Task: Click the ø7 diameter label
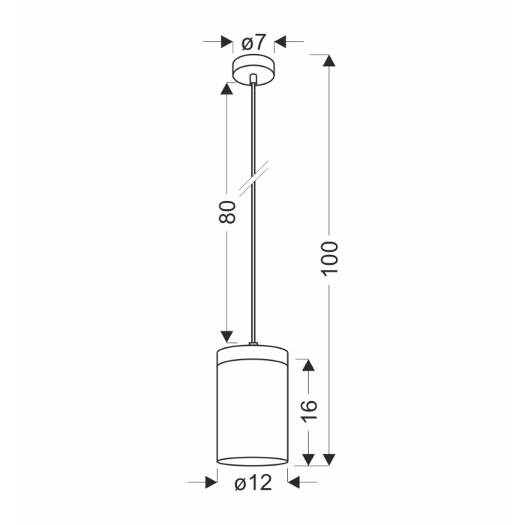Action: [253, 43]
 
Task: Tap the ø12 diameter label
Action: [253, 483]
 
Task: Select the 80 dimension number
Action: [227, 211]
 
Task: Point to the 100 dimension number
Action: [330, 259]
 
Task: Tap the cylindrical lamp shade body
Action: [253, 407]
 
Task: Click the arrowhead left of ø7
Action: [227, 42]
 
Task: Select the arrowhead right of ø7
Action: [280, 42]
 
